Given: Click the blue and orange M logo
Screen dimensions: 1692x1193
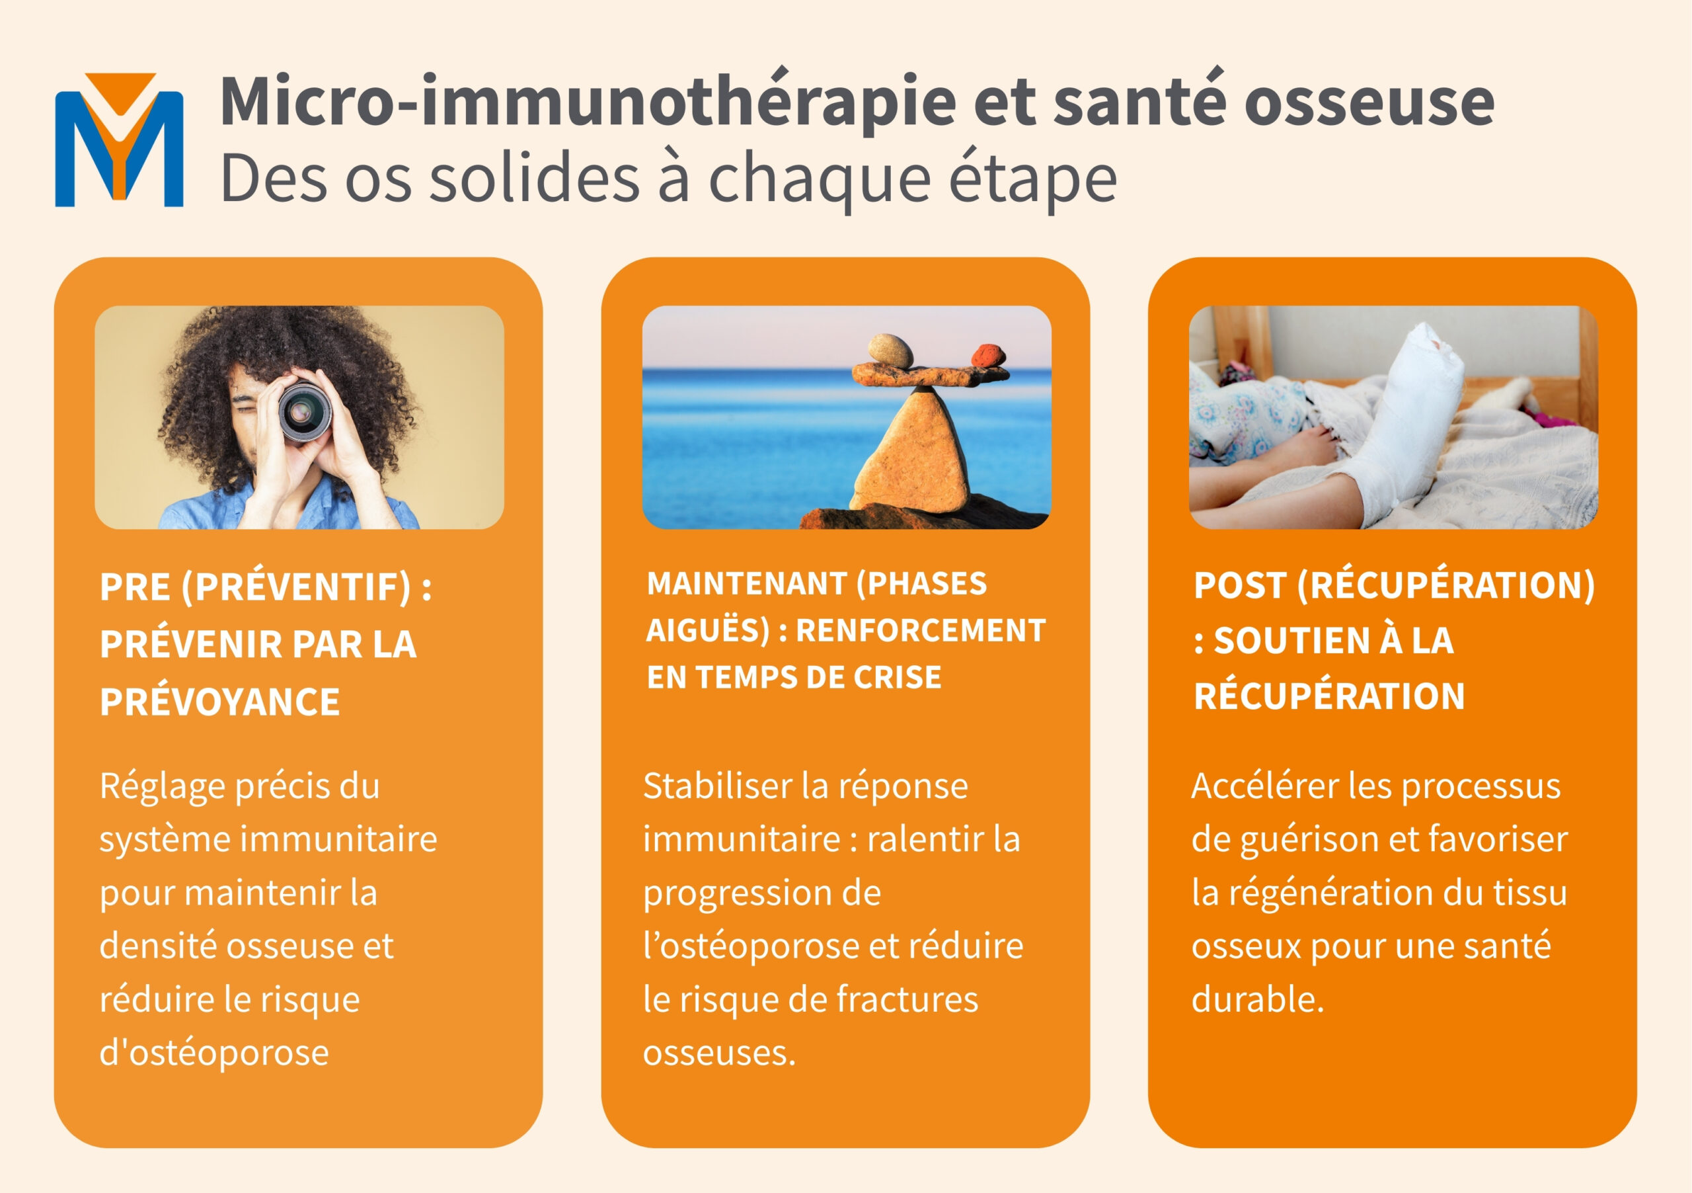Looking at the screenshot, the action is click(120, 140).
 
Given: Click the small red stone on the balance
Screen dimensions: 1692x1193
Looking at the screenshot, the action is click(988, 355).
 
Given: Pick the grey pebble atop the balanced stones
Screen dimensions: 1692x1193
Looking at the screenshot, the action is click(890, 350).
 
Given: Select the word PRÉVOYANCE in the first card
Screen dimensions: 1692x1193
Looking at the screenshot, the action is click(219, 701).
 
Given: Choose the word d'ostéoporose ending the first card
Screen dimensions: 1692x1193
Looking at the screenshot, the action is click(213, 1052).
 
